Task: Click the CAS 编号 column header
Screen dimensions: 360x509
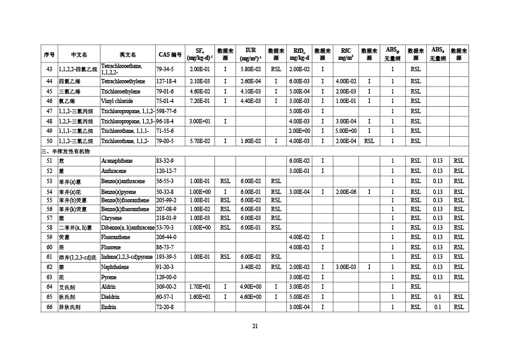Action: tap(170, 53)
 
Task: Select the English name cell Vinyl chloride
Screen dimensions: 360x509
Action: tap(117, 100)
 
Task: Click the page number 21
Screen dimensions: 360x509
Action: tap(254, 326)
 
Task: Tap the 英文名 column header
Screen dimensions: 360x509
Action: tap(127, 53)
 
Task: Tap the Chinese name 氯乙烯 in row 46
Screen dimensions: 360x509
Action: tap(67, 100)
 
